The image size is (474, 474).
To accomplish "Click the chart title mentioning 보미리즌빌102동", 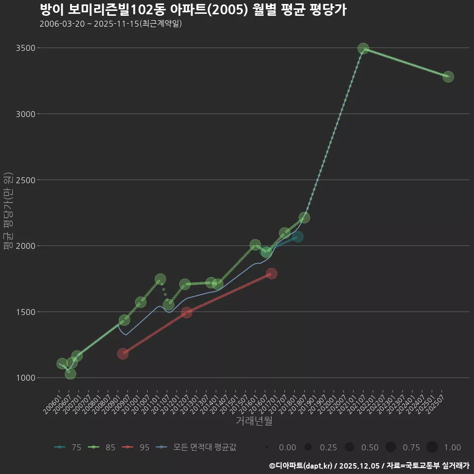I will (x=193, y=10).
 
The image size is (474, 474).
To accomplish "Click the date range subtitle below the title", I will (x=111, y=24).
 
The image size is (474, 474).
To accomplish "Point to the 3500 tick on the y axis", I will (x=25, y=48).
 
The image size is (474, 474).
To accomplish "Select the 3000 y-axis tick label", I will (x=25, y=114).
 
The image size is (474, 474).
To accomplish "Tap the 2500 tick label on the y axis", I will (x=25, y=180).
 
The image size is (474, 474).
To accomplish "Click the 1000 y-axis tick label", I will (x=25, y=378).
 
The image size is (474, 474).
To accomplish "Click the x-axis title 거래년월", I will (x=254, y=421).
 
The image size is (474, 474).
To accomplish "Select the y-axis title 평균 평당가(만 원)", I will (x=8, y=212).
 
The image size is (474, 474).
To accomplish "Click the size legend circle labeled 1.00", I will (x=432, y=447).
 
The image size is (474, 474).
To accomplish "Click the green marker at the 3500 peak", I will (x=363, y=48).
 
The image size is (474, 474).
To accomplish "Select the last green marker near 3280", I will (x=448, y=77).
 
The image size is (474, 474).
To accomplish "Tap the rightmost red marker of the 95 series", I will (x=271, y=273).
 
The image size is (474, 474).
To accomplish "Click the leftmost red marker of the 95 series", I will (x=122, y=354).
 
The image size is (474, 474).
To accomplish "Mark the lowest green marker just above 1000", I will (x=71, y=374).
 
